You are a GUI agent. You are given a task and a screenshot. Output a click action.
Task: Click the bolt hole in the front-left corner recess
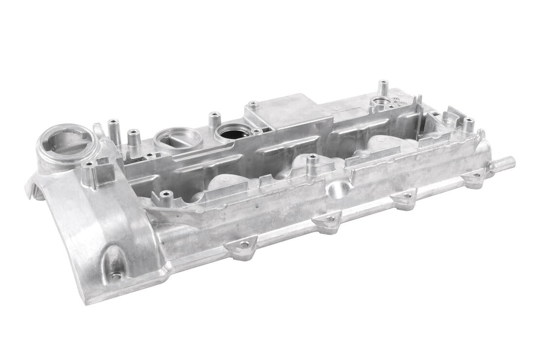(115, 276)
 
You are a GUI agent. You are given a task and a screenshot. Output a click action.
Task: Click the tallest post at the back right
(383, 88)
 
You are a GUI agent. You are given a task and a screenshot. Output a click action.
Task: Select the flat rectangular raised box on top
(282, 113)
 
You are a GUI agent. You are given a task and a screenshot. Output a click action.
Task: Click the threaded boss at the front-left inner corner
(166, 197)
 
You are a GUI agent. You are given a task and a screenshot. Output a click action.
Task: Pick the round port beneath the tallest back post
(380, 103)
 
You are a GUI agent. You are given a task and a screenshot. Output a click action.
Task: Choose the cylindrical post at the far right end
(468, 126)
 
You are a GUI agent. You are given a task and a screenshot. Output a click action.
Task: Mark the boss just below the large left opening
(90, 173)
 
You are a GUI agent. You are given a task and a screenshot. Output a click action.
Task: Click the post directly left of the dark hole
(215, 120)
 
